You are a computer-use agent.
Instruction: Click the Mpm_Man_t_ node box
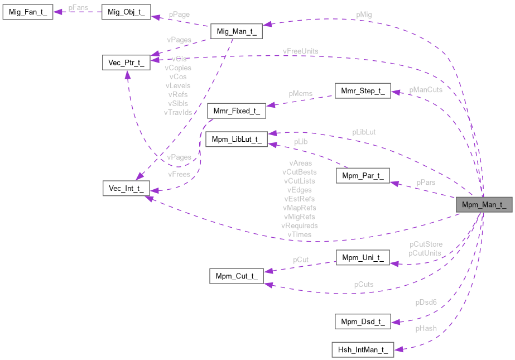(x=484, y=204)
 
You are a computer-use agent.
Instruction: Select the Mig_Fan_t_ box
(x=27, y=13)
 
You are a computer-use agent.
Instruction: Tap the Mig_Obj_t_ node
(x=127, y=13)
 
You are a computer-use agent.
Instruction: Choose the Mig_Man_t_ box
(x=236, y=32)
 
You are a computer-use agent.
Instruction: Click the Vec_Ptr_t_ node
(x=127, y=62)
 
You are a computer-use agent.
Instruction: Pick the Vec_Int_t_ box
(x=127, y=188)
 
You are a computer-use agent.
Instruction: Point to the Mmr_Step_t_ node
(x=362, y=91)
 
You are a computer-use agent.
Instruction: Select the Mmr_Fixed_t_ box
(x=237, y=111)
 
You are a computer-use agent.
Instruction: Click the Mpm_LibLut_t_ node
(x=237, y=140)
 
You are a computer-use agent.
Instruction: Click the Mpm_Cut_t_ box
(x=237, y=276)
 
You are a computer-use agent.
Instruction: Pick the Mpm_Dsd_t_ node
(x=362, y=321)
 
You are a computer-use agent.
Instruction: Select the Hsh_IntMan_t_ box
(x=362, y=351)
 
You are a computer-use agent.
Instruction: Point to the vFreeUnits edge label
(x=300, y=51)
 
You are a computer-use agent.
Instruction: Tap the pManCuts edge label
(x=426, y=89)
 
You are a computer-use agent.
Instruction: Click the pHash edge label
(x=426, y=329)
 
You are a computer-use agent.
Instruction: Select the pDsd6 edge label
(x=426, y=302)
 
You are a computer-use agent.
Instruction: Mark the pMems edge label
(x=300, y=94)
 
